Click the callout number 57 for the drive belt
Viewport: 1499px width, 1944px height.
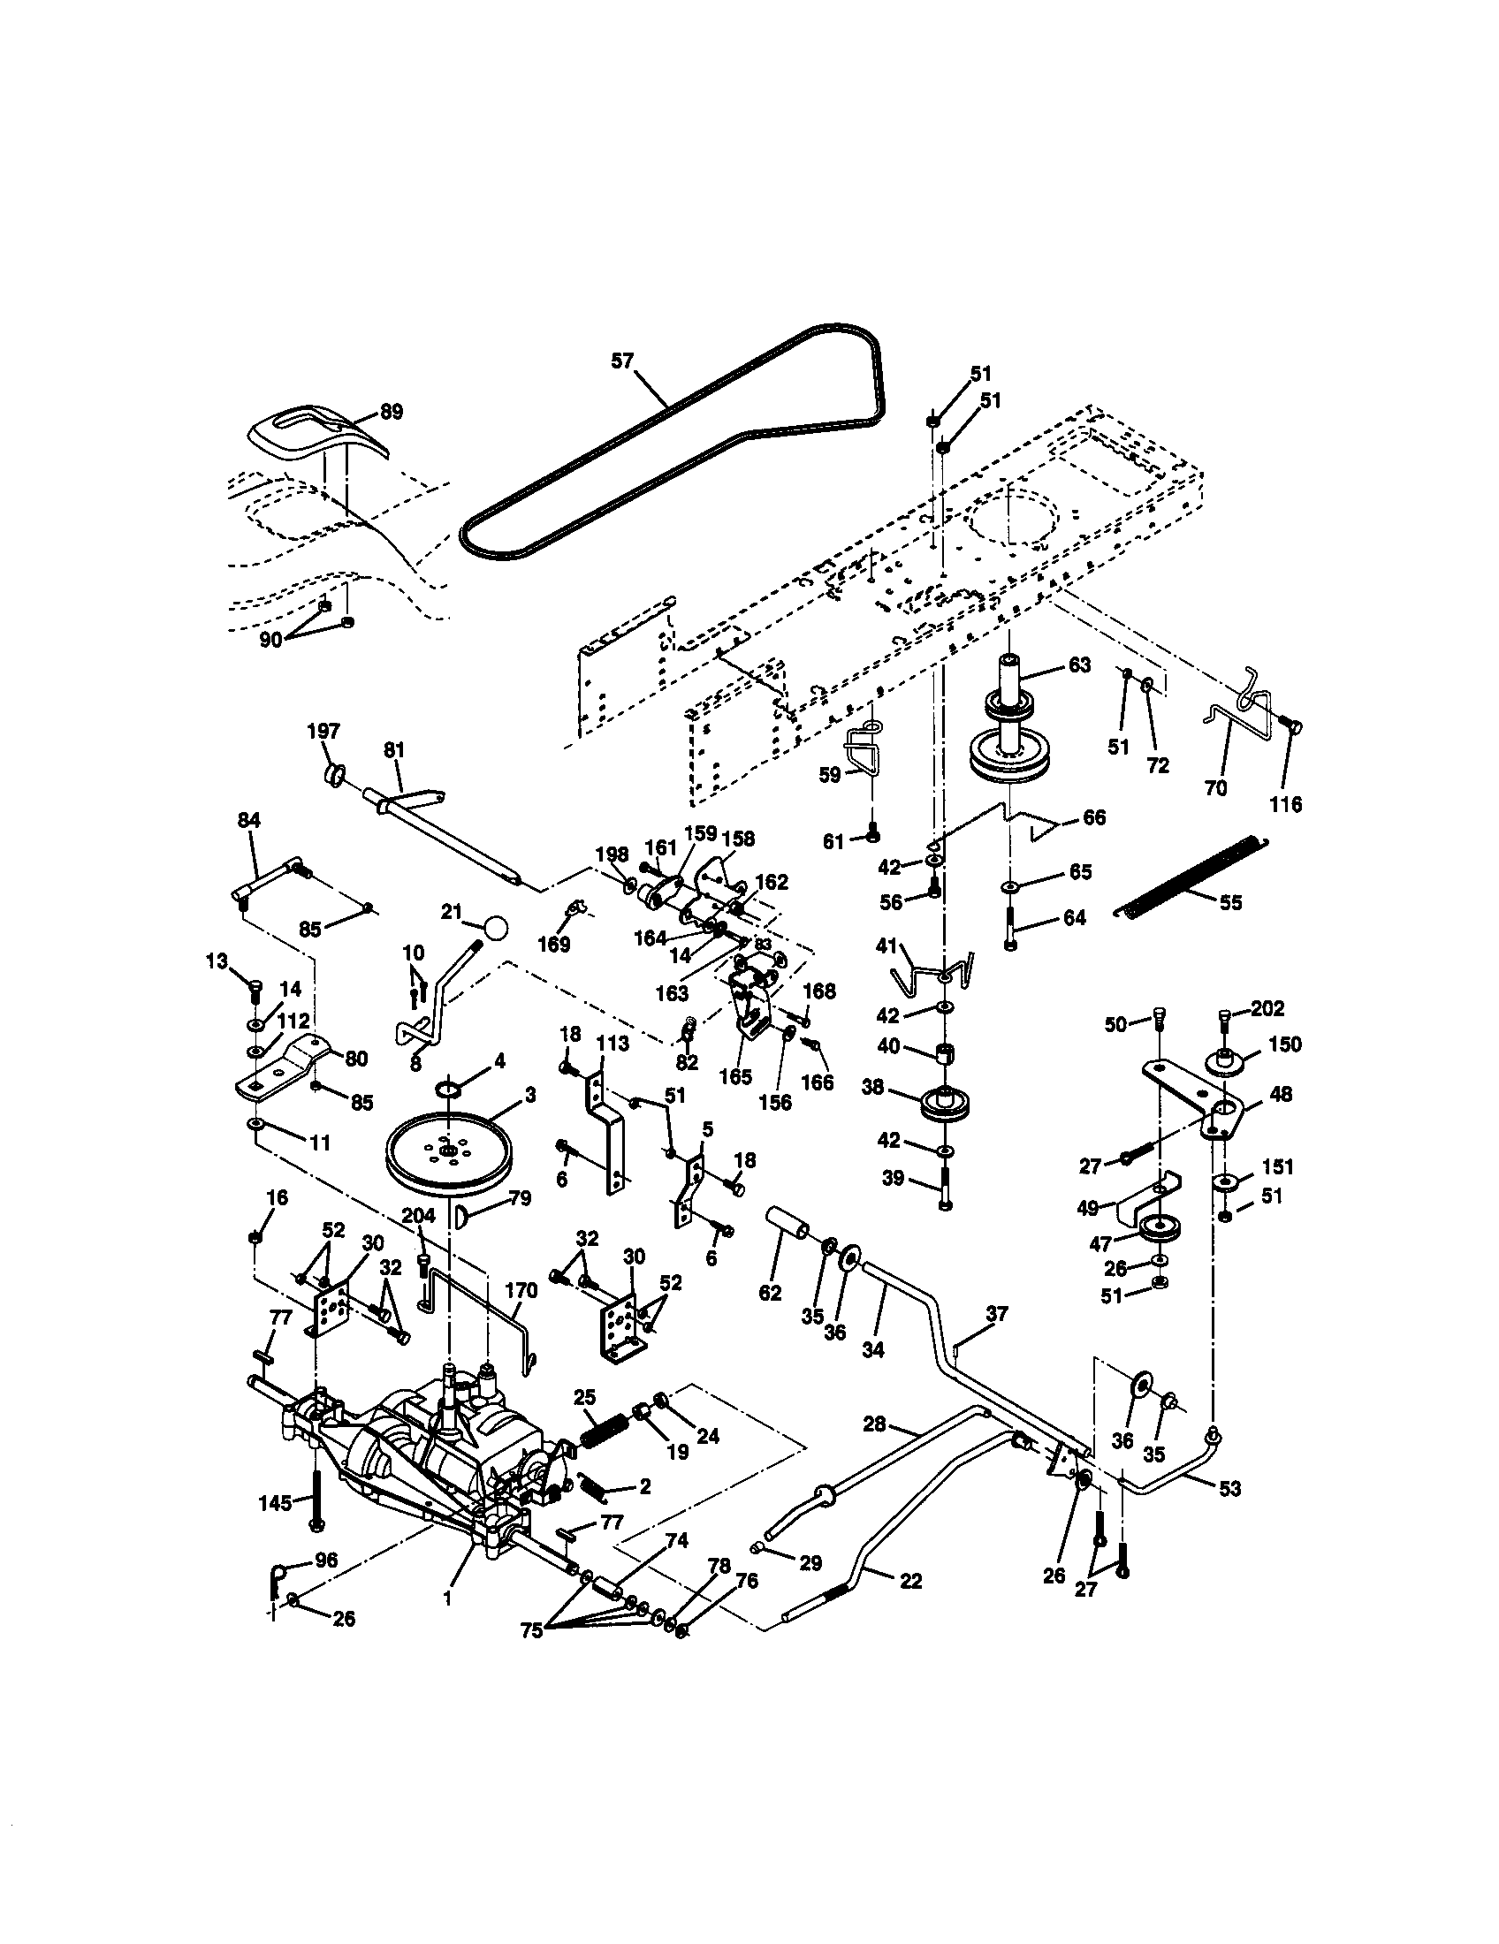click(x=622, y=361)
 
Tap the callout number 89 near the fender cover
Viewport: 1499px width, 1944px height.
click(x=391, y=411)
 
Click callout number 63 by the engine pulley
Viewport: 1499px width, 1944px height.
click(x=1079, y=664)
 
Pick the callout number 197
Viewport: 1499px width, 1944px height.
click(x=323, y=731)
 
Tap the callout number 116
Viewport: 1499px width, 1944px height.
click(x=1285, y=804)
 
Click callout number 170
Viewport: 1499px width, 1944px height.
click(x=521, y=1290)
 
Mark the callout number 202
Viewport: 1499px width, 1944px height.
click(x=1267, y=1008)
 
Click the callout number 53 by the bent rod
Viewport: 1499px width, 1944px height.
click(x=1229, y=1488)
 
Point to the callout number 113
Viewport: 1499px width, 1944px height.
click(x=613, y=1044)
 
